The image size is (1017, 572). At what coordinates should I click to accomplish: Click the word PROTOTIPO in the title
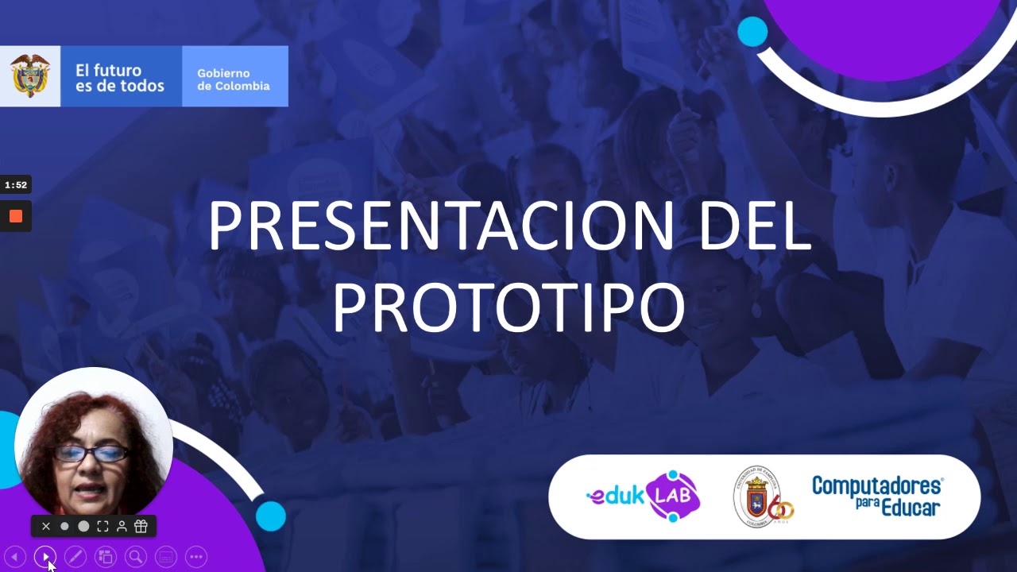pyautogui.click(x=508, y=307)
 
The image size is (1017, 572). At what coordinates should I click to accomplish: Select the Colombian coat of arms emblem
pyautogui.click(x=30, y=76)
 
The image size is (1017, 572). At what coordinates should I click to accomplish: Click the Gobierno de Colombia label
pyautogui.click(x=234, y=79)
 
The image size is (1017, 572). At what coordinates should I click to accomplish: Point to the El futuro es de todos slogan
pyautogui.click(x=119, y=78)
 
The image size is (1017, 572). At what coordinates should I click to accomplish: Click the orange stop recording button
pyautogui.click(x=16, y=216)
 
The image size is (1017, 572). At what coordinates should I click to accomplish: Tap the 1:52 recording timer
pyautogui.click(x=16, y=185)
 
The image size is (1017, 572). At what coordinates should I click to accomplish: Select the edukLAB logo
pyautogui.click(x=643, y=497)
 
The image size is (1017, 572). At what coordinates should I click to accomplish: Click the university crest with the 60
pyautogui.click(x=763, y=497)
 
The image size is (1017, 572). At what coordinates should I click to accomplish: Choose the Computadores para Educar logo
pyautogui.click(x=877, y=496)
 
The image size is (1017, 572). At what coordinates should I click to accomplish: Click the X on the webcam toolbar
pyautogui.click(x=46, y=526)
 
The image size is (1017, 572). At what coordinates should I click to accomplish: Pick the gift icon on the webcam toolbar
pyautogui.click(x=141, y=526)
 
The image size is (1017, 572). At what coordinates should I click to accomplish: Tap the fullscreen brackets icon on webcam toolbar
pyautogui.click(x=102, y=526)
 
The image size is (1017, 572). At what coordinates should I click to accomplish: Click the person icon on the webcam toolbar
pyautogui.click(x=122, y=526)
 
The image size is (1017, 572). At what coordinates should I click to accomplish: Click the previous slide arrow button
pyautogui.click(x=15, y=557)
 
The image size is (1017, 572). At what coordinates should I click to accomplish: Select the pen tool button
pyautogui.click(x=75, y=557)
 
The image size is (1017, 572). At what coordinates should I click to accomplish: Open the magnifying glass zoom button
pyautogui.click(x=136, y=557)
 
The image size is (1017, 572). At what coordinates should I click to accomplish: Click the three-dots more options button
pyautogui.click(x=196, y=557)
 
